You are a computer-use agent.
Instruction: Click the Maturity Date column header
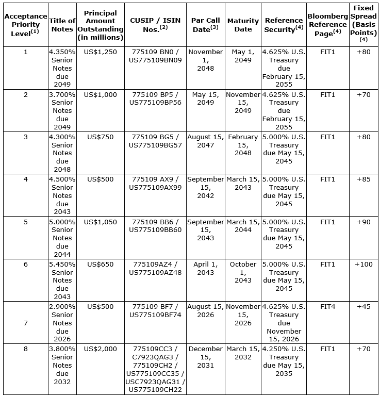coord(243,25)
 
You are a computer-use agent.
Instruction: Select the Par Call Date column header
coord(205,25)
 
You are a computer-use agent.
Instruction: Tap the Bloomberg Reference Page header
coord(327,25)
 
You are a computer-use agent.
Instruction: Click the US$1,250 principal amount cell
coord(101,52)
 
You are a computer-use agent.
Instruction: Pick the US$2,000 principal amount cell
coord(101,349)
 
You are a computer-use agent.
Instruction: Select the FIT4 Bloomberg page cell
coord(327,307)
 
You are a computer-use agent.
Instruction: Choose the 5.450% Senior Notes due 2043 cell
coord(62,280)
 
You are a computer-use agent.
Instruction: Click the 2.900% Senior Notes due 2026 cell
coord(62,323)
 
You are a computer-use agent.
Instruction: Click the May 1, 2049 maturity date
coord(243,56)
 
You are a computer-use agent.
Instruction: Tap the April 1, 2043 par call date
coord(205,268)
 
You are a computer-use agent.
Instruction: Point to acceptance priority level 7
coord(25,323)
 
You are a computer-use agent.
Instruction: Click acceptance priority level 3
coord(25,137)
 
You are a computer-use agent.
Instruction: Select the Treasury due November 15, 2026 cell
coord(284,323)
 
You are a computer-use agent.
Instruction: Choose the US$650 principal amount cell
coord(101,265)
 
